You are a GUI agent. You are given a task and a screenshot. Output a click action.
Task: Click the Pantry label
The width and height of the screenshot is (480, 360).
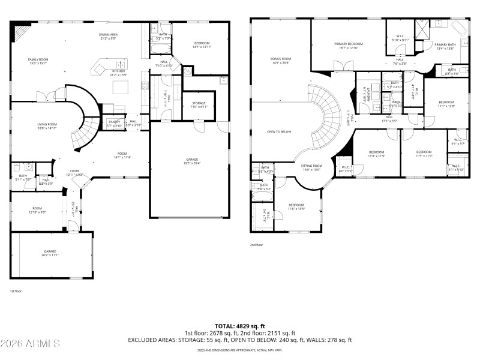pos(114,123)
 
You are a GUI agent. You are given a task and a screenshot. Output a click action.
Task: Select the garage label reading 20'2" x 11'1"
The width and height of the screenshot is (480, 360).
pos(50,253)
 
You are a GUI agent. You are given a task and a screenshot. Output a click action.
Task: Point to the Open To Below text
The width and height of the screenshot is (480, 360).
pos(280,131)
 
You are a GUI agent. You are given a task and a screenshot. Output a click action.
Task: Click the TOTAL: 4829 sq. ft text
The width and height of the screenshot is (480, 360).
pos(240,325)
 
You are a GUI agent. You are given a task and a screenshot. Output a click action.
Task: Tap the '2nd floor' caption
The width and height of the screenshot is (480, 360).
pos(256,245)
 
